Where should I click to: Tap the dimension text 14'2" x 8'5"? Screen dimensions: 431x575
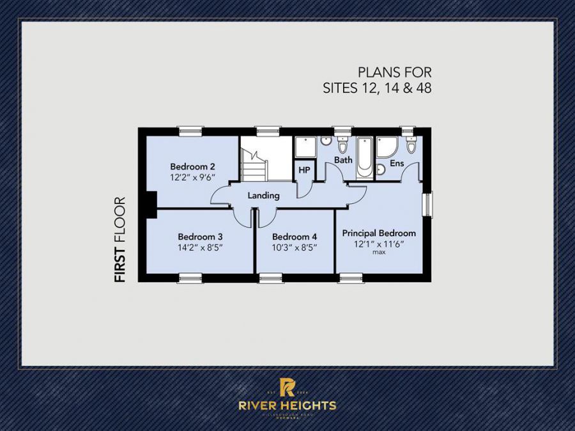click(200, 247)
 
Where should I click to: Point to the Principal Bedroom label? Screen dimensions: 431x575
click(379, 233)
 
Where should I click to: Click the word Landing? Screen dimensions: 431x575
click(264, 196)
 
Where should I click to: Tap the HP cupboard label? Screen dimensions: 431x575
click(304, 170)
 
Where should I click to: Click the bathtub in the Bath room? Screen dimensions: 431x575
click(364, 157)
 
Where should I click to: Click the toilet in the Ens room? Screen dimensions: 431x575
click(411, 145)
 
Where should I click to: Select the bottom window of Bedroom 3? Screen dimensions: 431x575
click(190, 278)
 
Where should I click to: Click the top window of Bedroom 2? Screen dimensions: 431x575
click(190, 130)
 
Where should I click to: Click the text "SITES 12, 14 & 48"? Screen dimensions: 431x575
click(377, 88)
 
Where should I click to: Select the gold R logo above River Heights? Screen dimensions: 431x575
click(287, 386)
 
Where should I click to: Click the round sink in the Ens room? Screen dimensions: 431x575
click(381, 169)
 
